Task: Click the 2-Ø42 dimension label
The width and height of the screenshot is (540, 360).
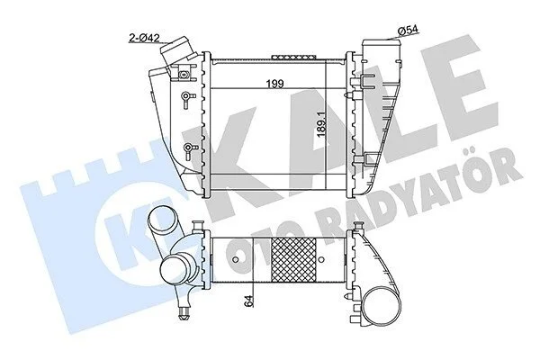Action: pyautogui.click(x=144, y=37)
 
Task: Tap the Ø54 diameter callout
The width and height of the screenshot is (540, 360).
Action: pyautogui.click(x=409, y=31)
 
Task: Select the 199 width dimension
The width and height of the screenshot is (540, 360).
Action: pyautogui.click(x=274, y=84)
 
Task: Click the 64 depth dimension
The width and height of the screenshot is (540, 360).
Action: pyautogui.click(x=249, y=301)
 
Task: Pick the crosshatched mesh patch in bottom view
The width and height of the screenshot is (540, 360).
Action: pyautogui.click(x=293, y=260)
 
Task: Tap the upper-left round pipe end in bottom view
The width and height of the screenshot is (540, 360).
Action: pyautogui.click(x=161, y=222)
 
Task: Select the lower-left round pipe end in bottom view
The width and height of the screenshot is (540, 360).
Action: pyautogui.click(x=178, y=269)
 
